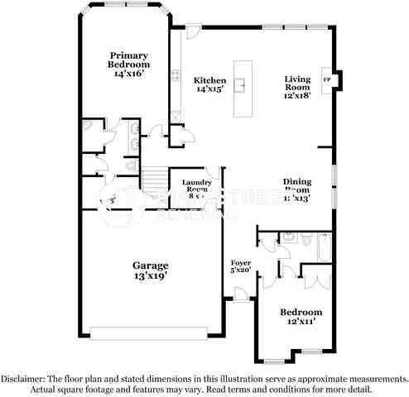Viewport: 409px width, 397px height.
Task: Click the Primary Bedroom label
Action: [x=128, y=64]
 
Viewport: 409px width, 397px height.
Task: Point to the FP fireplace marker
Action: [x=326, y=79]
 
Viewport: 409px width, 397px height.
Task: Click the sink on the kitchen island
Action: [x=242, y=84]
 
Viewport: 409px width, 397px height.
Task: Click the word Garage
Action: [x=151, y=265]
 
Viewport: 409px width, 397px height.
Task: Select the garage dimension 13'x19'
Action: [x=151, y=276]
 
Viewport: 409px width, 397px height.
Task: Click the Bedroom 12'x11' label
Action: [x=300, y=317]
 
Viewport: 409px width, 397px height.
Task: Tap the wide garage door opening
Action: [x=149, y=333]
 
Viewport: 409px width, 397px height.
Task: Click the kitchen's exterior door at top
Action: [x=192, y=31]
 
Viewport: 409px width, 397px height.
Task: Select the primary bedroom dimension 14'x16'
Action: [x=128, y=73]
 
